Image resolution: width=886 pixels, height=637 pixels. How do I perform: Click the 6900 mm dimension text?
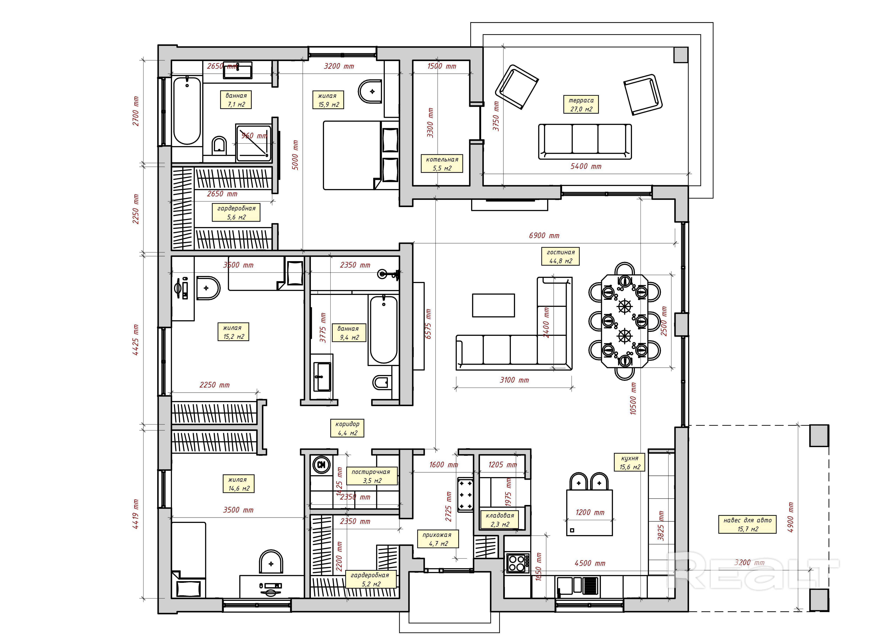click(x=544, y=236)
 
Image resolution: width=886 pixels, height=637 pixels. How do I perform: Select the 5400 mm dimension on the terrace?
click(x=586, y=166)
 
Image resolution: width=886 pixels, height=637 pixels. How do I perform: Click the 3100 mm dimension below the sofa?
click(x=514, y=380)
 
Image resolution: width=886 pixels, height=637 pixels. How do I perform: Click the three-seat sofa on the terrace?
click(x=585, y=141)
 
